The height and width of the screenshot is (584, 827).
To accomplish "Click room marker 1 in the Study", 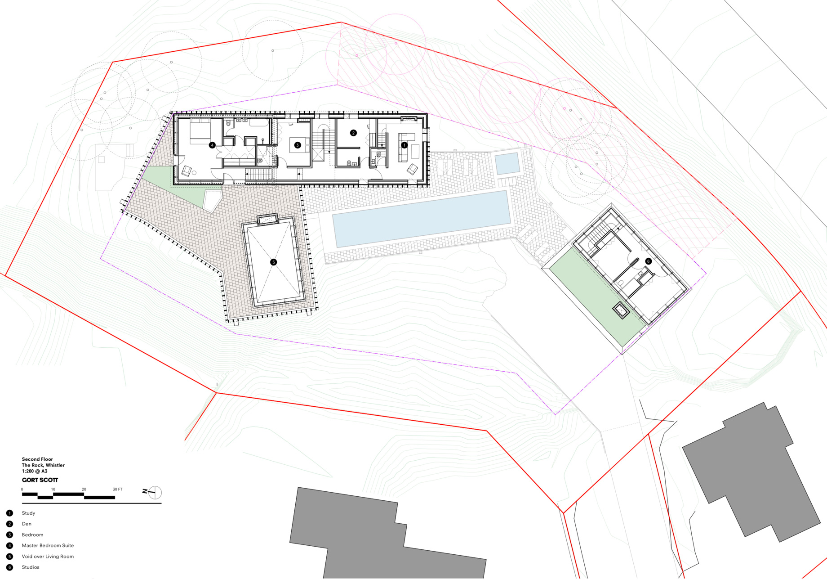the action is (404, 145).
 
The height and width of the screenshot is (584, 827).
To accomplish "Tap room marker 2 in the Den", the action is (353, 133).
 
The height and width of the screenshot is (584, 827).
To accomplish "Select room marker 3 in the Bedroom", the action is (297, 145).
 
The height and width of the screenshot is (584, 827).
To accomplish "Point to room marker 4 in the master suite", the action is (212, 145).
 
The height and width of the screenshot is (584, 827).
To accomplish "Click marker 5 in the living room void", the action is (273, 262).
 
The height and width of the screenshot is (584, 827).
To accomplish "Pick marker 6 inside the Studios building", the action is (648, 261).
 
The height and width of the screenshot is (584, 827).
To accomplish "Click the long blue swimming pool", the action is (422, 219).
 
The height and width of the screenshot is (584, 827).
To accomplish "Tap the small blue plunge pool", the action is (507, 163).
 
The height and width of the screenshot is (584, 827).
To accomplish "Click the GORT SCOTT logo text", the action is (40, 480).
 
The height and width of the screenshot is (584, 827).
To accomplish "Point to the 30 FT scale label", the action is (117, 489).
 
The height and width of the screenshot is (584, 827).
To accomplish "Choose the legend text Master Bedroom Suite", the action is (48, 545).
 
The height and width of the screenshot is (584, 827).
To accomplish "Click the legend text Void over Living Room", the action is (48, 557).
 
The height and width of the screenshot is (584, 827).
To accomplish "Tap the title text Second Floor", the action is (37, 459).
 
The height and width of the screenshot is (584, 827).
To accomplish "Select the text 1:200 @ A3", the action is (35, 471).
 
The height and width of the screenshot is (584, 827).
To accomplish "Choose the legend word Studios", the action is (31, 567).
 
